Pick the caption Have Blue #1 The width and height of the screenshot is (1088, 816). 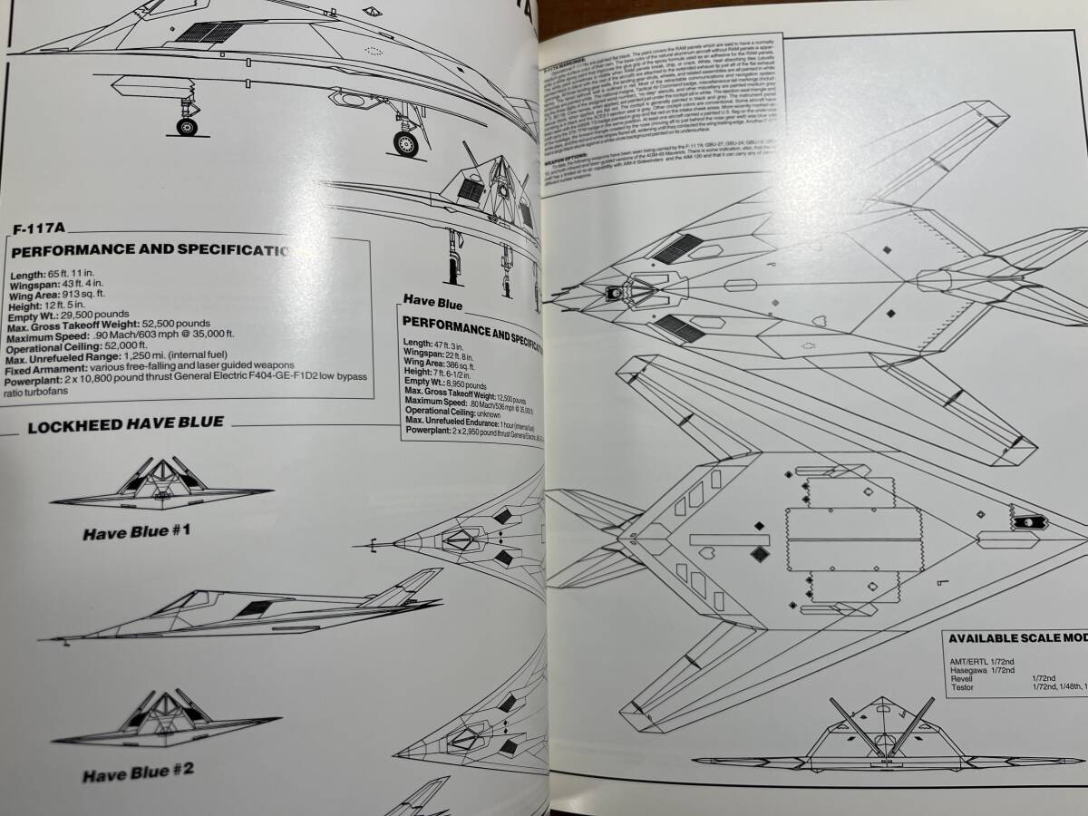pos(136,532)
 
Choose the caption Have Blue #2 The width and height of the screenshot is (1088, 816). pos(138,775)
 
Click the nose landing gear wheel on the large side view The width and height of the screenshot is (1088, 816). pos(188,127)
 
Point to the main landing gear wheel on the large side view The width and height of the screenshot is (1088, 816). pos(405,142)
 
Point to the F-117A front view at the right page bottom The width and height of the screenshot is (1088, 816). pos(884,736)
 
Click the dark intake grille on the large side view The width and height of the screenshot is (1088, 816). pos(209,32)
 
